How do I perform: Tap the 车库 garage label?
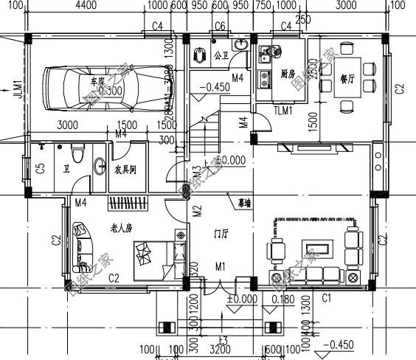[97, 81]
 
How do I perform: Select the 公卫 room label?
[220, 55]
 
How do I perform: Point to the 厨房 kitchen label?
[288, 74]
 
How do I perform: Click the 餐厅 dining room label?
[347, 79]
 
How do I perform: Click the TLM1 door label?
[283, 111]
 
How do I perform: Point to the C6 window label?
[220, 27]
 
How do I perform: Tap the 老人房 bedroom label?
[121, 227]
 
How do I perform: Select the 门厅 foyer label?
[221, 234]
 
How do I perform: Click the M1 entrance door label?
[220, 266]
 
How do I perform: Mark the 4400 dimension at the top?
[86, 5]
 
